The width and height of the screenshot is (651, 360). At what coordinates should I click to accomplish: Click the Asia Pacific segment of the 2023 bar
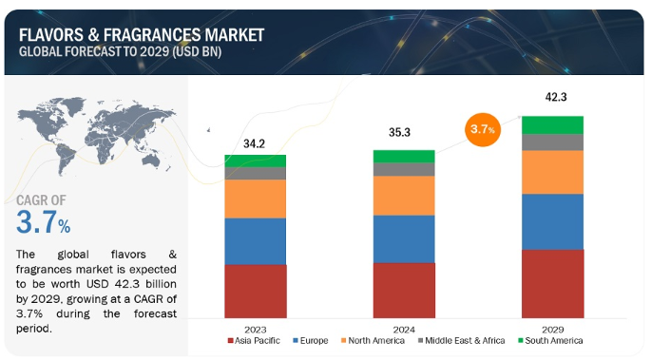pos(256,292)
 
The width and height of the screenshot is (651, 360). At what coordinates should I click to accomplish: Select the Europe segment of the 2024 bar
pos(404,239)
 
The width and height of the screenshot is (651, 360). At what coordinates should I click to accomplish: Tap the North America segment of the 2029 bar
pos(552,172)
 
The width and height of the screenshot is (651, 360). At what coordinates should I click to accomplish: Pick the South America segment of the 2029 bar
pos(552,125)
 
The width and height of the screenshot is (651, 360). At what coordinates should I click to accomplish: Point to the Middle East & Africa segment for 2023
pos(256,174)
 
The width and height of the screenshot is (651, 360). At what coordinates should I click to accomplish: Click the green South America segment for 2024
pos(404,157)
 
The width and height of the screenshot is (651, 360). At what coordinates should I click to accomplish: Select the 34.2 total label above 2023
pos(254,143)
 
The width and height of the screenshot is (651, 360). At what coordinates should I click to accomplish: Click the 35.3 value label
pos(399,132)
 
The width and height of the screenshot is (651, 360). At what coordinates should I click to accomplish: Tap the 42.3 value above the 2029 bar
pos(556,97)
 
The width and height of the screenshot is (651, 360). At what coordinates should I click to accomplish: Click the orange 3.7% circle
pos(483,129)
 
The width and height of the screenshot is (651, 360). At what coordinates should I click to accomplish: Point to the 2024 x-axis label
pos(404,330)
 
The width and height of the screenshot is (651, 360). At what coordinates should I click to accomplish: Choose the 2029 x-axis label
pos(552,330)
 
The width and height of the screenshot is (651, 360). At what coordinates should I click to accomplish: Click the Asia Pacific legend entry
pos(254,340)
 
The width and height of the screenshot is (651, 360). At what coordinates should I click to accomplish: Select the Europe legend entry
pos(311,340)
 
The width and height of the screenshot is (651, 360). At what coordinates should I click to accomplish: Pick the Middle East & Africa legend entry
pos(461,340)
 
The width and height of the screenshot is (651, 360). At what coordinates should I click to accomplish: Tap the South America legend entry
pos(550,340)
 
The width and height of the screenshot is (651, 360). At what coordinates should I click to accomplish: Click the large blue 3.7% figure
pos(43,222)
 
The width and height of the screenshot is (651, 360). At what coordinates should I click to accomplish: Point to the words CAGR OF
pos(41,200)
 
